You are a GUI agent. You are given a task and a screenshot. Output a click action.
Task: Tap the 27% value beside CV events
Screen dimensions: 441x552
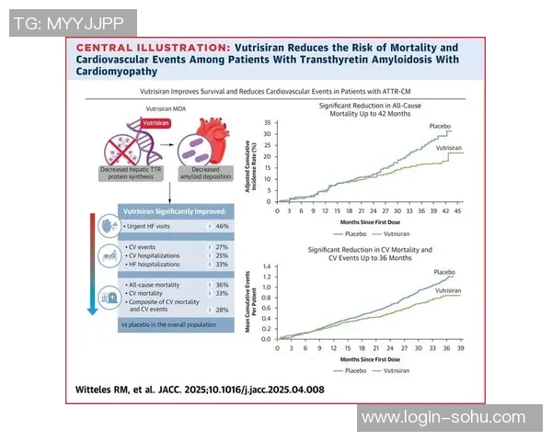point(220,247)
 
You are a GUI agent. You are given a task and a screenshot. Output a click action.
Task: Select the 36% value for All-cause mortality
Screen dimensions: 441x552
point(220,285)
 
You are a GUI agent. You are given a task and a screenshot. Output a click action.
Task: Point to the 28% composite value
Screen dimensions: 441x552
point(220,310)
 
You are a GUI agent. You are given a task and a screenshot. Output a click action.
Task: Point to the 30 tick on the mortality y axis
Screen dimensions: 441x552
point(268,134)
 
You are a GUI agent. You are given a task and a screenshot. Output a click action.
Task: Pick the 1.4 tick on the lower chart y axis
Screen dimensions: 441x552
point(266,266)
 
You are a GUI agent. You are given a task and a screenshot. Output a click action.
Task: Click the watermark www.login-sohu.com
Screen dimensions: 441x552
point(443,418)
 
